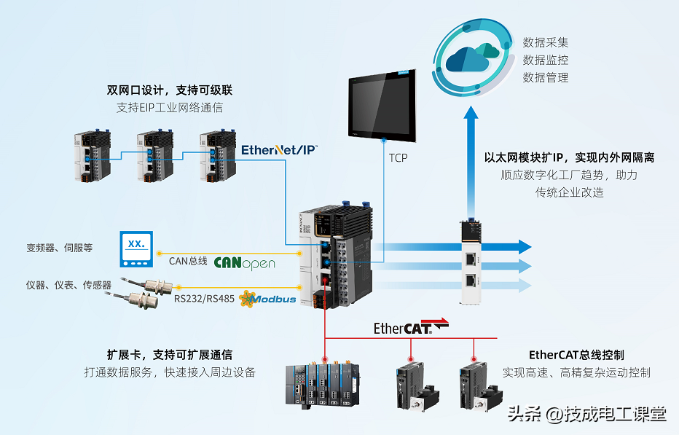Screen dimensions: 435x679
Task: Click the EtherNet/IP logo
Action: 279,151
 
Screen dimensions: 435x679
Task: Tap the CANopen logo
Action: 245,261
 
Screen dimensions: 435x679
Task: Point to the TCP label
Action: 398,157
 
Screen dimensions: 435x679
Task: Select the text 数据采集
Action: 545,42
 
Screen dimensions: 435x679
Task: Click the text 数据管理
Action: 545,78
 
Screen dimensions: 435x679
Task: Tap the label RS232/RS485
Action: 204,297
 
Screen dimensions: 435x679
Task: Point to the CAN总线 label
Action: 188,261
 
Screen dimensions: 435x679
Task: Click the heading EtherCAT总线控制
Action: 576,355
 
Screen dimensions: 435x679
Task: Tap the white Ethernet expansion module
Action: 471,262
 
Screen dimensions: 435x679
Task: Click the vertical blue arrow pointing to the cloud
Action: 471,160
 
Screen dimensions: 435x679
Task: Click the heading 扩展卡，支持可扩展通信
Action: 170,355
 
